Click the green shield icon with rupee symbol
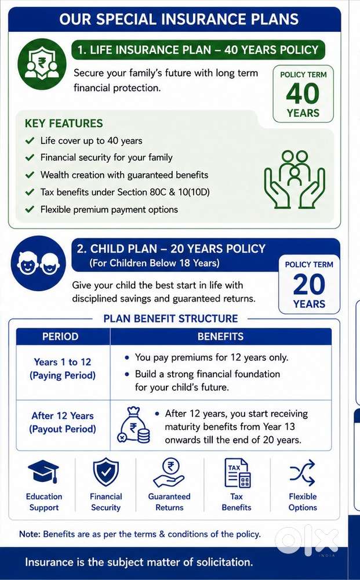pos(42,64)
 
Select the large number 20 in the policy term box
pos(309,284)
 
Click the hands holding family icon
pos(294,179)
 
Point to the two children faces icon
pos(38,263)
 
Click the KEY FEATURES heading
pos(64,123)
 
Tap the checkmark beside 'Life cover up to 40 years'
pos(30,140)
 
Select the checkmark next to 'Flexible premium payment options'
pos(30,209)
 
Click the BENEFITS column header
pos(221,336)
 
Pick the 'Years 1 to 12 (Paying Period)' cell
pos(63,369)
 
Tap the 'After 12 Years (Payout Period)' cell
pos(63,422)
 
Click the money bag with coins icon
pos(134,425)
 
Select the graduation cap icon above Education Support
pos(43,472)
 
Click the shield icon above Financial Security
pos(106,472)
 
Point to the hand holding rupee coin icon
pos(169,473)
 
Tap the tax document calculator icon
pos(237,473)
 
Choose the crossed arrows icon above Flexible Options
pos(303,472)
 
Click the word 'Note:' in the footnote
pos(30,534)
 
